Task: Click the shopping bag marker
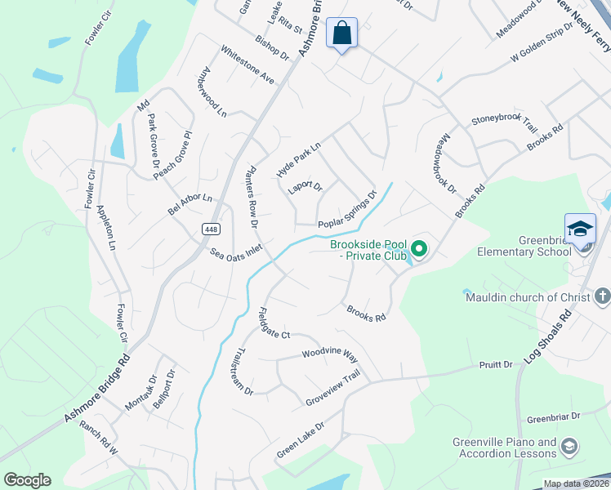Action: coord(341,34)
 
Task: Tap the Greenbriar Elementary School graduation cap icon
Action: coord(580,229)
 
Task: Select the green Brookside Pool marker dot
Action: coord(419,249)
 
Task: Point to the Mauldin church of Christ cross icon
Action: coord(602,295)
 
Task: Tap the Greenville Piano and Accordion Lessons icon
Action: coord(569,446)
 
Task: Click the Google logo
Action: coord(26,480)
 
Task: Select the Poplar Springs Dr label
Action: coord(347,210)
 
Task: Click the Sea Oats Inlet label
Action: coord(236,254)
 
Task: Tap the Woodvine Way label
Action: coord(329,354)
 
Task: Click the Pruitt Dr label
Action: coord(497,364)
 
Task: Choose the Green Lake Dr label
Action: coord(300,439)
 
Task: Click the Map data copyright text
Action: coord(576,483)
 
